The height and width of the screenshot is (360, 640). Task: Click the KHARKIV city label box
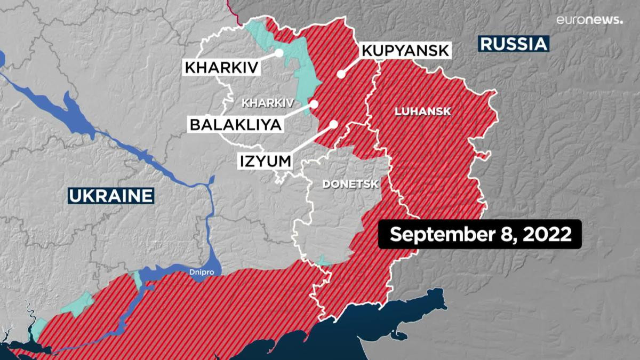[x=221, y=68]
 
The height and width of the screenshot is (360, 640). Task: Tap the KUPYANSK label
[x=406, y=51]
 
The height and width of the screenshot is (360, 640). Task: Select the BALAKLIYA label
[x=235, y=125]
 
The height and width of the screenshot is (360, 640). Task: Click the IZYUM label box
[x=265, y=160]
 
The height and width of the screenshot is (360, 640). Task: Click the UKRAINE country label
[x=111, y=195]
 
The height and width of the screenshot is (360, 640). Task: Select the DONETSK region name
[x=350, y=185]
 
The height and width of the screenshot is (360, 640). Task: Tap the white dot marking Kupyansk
[x=341, y=75]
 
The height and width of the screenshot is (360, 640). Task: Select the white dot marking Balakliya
[x=314, y=104]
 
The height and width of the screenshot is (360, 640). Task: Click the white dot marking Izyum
[x=334, y=124]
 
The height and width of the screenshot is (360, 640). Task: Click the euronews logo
[x=589, y=20]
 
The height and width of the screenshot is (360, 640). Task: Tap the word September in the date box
[x=441, y=235]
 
